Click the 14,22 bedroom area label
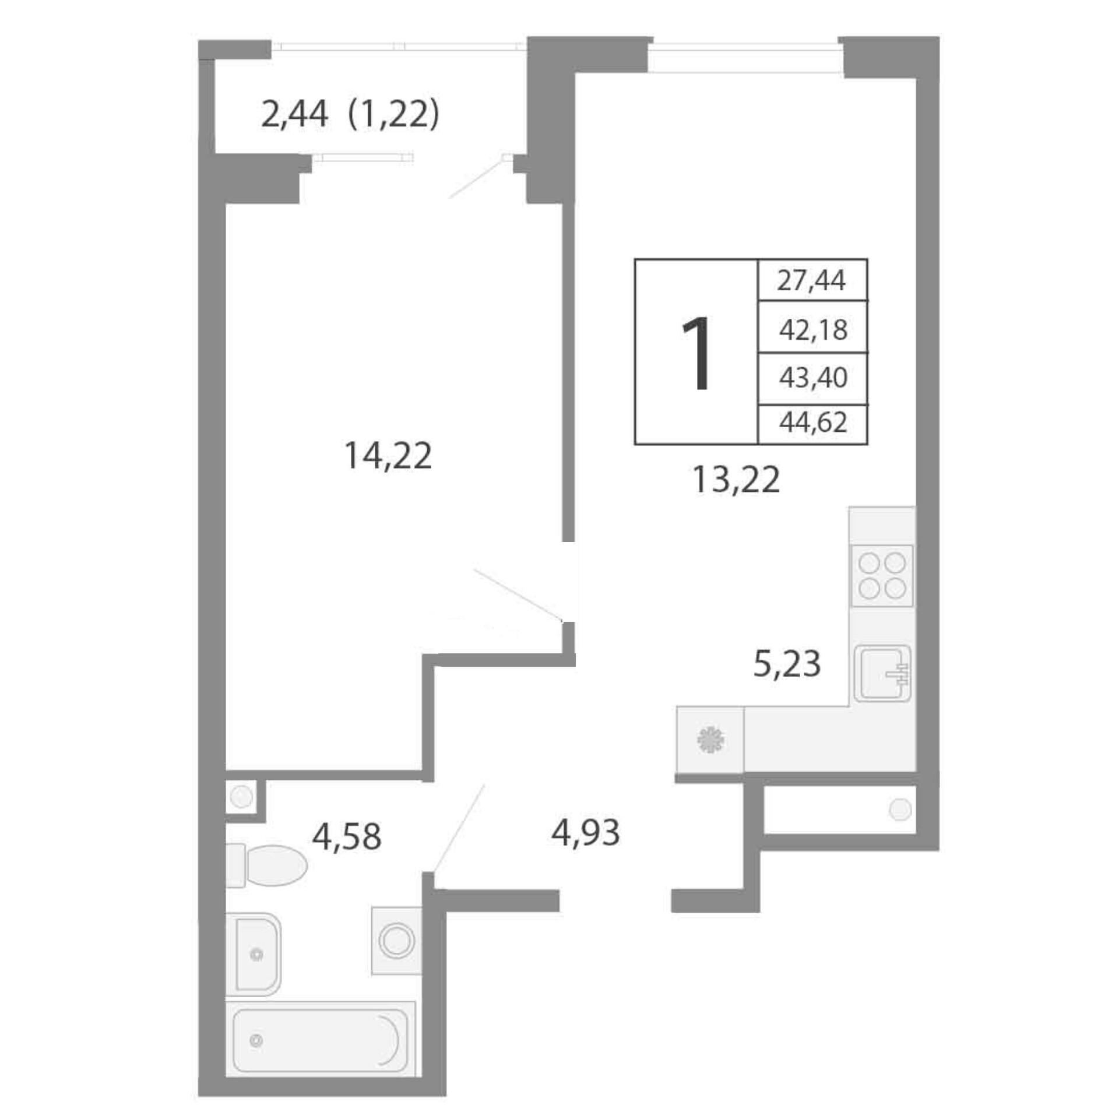pos(388,456)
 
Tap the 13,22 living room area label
pos(736,481)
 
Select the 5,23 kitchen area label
pos(787,664)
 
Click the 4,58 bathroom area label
pos(346,837)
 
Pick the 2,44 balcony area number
pos(294,114)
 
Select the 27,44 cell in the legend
pos(811,280)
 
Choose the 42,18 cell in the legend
pos(813,330)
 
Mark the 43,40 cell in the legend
pos(813,378)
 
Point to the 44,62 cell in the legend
pos(813,423)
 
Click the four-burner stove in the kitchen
pos(882,575)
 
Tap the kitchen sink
pos(882,673)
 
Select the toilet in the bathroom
pos(266,865)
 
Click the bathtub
pos(320,1040)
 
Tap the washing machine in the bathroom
pos(396,941)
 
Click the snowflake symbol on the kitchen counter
pos(710,740)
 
